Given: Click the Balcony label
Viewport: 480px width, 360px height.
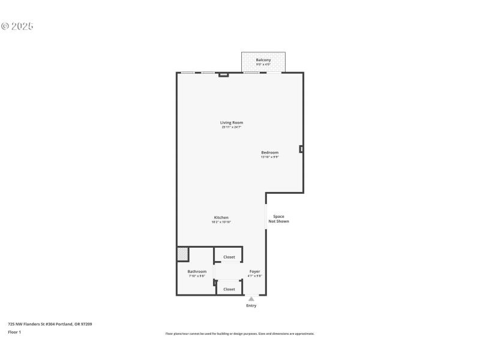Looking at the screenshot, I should [x=263, y=60].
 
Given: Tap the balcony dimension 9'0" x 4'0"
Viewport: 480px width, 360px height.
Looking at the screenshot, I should [x=263, y=64].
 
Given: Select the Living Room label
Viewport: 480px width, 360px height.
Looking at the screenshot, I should [x=231, y=122].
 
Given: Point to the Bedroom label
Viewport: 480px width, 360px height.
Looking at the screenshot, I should [x=269, y=152].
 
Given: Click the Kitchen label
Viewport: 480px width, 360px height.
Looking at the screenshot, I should [x=221, y=217].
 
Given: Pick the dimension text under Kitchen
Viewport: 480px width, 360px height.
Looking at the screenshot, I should [x=221, y=222].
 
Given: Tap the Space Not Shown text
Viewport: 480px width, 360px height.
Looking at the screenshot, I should [x=278, y=219].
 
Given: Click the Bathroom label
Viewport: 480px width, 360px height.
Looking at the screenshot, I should [x=197, y=271].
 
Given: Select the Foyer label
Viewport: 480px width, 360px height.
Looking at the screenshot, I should [x=254, y=271].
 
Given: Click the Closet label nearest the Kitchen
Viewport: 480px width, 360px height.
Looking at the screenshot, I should [x=229, y=257].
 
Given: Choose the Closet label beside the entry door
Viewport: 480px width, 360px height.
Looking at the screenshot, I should [x=229, y=289].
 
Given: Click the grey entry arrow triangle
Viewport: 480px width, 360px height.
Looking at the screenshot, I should [x=251, y=299].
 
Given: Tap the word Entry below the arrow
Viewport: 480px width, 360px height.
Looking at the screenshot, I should [x=251, y=306].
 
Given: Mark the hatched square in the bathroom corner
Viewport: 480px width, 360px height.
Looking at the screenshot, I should [x=182, y=254].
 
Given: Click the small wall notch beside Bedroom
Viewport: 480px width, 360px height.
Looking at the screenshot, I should [x=301, y=149].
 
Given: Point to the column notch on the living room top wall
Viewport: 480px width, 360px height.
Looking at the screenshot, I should [x=223, y=74].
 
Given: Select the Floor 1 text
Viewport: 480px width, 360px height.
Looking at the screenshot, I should [x=14, y=332].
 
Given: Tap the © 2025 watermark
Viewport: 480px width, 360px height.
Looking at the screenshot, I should [x=17, y=26].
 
